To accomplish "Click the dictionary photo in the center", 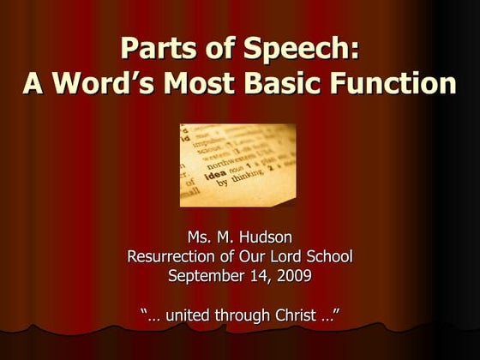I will [x=237, y=165].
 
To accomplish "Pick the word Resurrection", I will [x=173, y=255].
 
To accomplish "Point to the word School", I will [x=332, y=255].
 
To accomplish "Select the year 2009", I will [x=291, y=275].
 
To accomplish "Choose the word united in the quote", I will [x=189, y=315].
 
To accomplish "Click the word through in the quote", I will [x=247, y=315].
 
